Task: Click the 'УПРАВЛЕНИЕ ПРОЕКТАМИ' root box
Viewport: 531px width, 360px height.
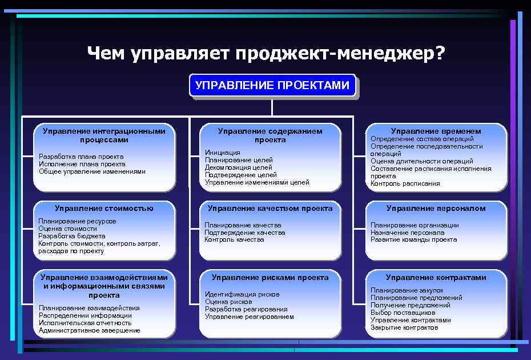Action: point(272,86)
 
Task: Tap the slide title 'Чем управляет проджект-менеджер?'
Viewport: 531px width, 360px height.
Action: point(265,54)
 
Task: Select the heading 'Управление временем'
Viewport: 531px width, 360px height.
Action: point(436,131)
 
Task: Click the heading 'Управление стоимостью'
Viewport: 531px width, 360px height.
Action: point(104,208)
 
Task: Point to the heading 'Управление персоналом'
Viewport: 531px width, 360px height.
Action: point(436,208)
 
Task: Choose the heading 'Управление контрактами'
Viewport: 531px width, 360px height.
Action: point(436,277)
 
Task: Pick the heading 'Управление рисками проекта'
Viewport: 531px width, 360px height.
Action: point(270,277)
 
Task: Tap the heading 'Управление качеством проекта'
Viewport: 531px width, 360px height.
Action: point(270,208)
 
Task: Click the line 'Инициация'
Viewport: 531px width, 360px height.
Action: point(222,153)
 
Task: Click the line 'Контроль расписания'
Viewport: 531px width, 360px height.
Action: point(405,183)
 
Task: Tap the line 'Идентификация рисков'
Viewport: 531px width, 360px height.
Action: point(242,294)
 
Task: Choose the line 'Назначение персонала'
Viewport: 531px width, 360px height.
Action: point(407,233)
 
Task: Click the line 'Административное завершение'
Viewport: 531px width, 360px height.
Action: point(89,330)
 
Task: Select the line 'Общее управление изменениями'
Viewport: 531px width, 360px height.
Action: point(91,171)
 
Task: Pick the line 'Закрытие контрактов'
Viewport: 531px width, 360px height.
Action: point(404,327)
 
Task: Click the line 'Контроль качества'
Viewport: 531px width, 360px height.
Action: point(234,239)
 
